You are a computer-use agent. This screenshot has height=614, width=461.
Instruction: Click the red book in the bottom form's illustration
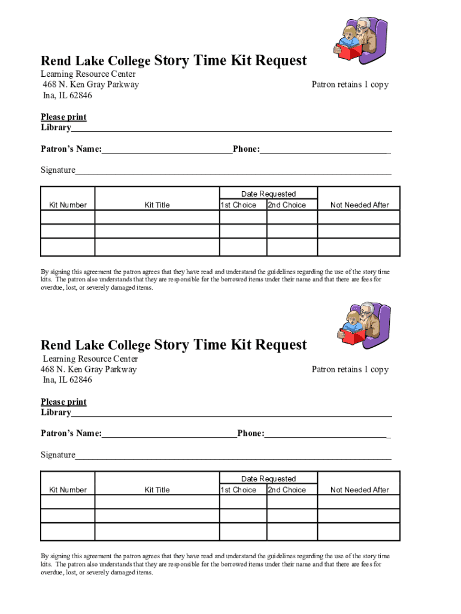352,335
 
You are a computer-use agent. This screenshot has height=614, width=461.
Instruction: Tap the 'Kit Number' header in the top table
68,205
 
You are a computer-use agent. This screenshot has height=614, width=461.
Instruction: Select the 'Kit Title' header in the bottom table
157,490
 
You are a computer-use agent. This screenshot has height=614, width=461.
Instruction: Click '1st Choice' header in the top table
238,205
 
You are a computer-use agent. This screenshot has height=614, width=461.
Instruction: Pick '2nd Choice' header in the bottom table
287,490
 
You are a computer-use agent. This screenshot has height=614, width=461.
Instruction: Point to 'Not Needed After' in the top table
359,205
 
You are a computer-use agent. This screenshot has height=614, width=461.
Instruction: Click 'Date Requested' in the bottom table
268,479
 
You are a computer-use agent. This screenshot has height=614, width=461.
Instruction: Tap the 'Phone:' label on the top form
246,149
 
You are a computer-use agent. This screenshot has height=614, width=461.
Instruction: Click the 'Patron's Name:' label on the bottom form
71,434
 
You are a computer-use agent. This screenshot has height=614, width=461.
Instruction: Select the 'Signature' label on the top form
58,170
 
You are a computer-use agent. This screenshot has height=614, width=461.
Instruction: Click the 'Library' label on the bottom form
56,413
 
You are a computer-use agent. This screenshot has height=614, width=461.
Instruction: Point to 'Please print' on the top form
63,117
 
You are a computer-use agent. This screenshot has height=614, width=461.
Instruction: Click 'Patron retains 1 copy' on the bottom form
350,369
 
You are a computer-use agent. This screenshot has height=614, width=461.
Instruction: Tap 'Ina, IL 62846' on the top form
67,95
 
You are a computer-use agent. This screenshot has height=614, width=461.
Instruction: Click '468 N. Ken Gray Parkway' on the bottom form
89,369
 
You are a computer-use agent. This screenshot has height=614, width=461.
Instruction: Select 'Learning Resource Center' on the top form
88,74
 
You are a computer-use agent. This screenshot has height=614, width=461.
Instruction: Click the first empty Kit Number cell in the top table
68,217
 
